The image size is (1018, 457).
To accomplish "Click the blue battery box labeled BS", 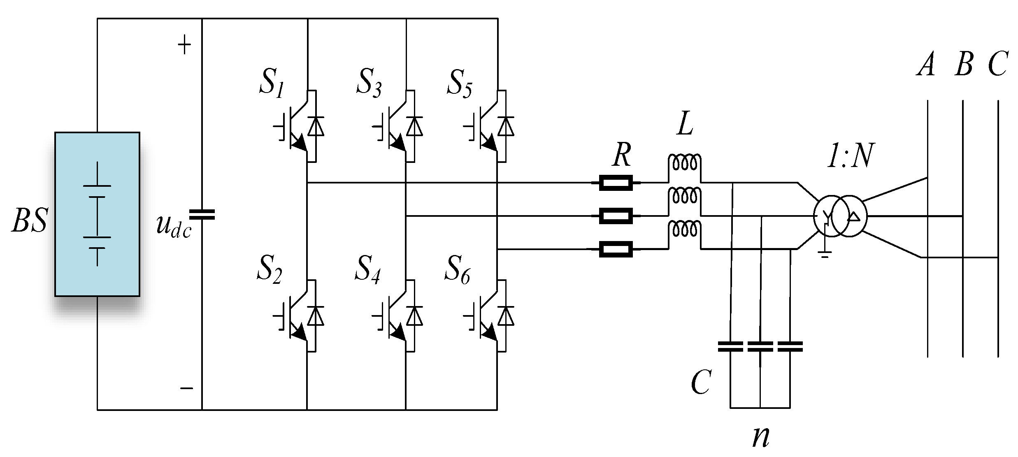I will [x=97, y=214].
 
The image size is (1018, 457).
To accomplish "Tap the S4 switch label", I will [x=367, y=269].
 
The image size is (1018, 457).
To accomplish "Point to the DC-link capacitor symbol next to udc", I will [x=202, y=214].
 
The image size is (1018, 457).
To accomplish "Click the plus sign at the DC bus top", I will [x=184, y=45].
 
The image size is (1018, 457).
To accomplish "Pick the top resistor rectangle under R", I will [x=616, y=183].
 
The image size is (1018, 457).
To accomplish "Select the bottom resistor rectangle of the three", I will [x=616, y=249].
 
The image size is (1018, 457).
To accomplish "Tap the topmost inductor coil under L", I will [x=684, y=163].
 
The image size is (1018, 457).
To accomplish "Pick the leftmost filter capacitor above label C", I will [x=730, y=347].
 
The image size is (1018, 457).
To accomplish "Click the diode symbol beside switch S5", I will [x=505, y=126].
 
